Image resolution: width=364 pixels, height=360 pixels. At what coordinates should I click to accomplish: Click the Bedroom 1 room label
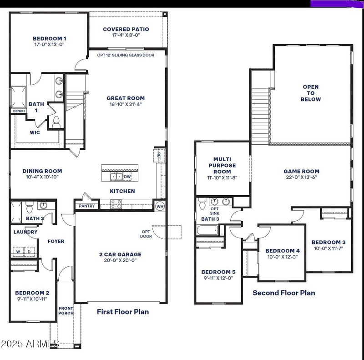tap(50, 39)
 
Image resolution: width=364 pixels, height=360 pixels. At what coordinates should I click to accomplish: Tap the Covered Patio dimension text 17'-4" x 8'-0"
tap(126, 35)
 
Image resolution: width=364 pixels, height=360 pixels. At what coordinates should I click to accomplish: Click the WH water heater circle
tap(160, 206)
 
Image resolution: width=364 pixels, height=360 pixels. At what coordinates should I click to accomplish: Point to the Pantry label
tap(86, 206)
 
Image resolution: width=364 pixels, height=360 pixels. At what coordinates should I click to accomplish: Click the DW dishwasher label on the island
tap(127, 177)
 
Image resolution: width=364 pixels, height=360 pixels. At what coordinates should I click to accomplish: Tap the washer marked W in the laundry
tap(18, 251)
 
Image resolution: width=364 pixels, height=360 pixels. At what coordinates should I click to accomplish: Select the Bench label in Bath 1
tap(19, 111)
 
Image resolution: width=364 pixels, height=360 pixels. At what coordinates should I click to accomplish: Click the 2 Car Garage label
tap(121, 254)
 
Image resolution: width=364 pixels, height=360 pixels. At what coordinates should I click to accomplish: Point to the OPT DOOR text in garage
tap(146, 233)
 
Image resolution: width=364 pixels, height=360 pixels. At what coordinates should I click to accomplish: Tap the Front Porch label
tap(66, 311)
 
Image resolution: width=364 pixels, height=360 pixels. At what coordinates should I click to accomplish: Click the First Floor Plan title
tap(123, 312)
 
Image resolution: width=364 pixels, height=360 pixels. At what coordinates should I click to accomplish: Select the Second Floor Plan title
tap(284, 293)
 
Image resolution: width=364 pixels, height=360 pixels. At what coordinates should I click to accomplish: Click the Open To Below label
tap(311, 93)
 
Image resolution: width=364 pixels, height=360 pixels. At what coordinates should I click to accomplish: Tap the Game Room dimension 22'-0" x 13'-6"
tap(302, 177)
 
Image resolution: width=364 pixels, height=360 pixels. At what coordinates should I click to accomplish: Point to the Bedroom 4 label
tap(283, 251)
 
